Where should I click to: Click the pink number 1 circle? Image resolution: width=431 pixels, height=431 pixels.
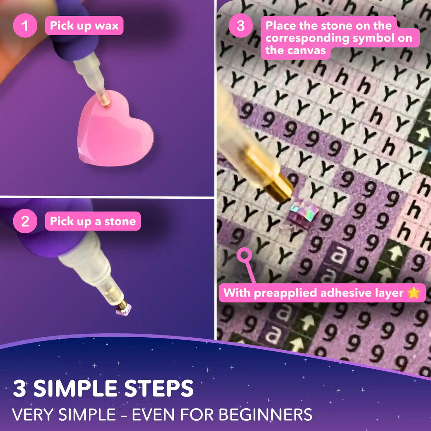[25, 26]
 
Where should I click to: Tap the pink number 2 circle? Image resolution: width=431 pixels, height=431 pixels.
[25, 221]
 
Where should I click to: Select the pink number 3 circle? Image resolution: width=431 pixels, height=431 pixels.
[240, 26]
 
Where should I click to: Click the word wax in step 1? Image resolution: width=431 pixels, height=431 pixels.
[107, 26]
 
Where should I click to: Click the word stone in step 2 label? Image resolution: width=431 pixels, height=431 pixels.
[120, 222]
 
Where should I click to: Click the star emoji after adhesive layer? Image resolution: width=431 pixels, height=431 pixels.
[413, 293]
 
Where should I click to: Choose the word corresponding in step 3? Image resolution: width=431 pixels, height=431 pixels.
[307, 38]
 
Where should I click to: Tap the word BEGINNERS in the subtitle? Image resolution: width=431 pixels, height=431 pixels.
[265, 414]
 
